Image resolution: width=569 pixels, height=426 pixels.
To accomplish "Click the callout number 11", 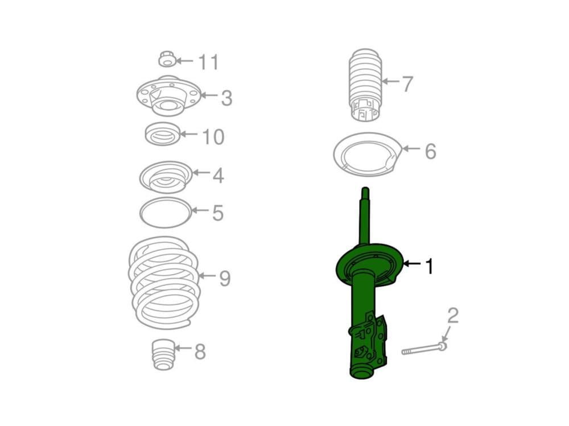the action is tap(209, 62).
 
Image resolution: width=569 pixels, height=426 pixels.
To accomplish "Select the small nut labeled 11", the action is tap(167, 60).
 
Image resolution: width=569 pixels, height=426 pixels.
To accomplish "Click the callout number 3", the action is tap(227, 98).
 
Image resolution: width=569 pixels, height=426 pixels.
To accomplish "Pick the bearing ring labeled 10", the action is tap(162, 134).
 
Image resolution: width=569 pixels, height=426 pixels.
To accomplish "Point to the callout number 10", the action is tap(213, 137).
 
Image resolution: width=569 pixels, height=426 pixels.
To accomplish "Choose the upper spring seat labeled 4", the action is tap(166, 177).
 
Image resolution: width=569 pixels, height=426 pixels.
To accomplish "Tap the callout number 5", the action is tap(218, 213).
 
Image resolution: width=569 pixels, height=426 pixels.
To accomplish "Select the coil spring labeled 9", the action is tap(164, 283).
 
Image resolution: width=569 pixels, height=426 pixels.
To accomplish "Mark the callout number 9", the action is tap(225, 279).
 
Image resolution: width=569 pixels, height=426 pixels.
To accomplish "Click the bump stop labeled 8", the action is tap(163, 354).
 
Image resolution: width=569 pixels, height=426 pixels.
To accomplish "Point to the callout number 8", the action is tap(200, 351).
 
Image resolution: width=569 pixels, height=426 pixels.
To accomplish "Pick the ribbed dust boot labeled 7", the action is tap(365, 84).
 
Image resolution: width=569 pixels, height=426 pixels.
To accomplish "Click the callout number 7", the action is tap(407, 84).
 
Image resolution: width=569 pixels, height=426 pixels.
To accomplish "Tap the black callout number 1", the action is tap(429, 266).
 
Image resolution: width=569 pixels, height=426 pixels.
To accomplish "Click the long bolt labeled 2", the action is tap(424, 349).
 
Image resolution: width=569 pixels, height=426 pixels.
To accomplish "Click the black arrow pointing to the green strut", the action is tap(412, 263).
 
